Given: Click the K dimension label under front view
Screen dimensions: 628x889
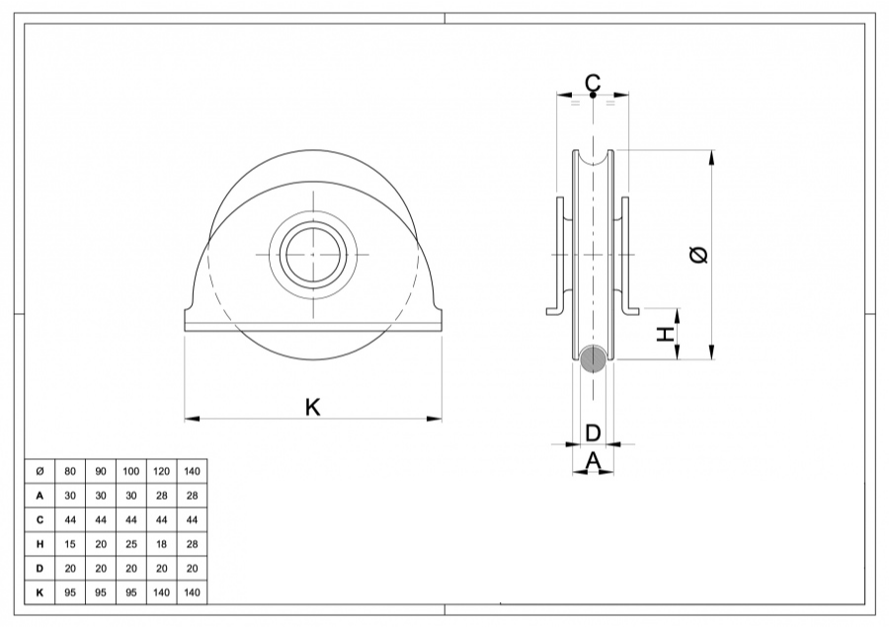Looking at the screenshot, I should click(312, 406).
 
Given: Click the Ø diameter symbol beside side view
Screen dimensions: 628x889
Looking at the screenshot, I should click(698, 255).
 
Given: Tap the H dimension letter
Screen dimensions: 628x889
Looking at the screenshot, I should click(668, 334).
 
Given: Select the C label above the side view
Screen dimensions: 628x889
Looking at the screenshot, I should click(592, 82).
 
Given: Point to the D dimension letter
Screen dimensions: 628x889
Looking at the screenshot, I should click(593, 432).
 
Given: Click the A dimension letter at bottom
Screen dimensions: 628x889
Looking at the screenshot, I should click(593, 459).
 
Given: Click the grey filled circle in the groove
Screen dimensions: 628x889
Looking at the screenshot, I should click(593, 359).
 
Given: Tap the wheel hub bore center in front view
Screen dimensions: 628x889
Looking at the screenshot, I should click(312, 254).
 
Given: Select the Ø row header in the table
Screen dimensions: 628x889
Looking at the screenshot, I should click(39, 472).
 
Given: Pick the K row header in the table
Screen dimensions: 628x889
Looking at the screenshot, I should click(39, 592).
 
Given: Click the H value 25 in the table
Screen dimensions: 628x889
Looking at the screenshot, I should click(130, 544).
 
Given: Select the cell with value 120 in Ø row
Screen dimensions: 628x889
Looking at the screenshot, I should click(161, 472).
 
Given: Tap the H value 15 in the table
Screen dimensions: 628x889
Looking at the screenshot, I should click(69, 544).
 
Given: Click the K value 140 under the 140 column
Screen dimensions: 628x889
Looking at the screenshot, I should click(192, 592).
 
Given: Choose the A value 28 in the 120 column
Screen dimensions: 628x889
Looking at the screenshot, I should click(161, 496).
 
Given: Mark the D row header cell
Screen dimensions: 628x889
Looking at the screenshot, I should click(39, 569).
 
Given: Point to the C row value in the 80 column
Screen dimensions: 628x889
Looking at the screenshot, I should click(69, 520).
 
